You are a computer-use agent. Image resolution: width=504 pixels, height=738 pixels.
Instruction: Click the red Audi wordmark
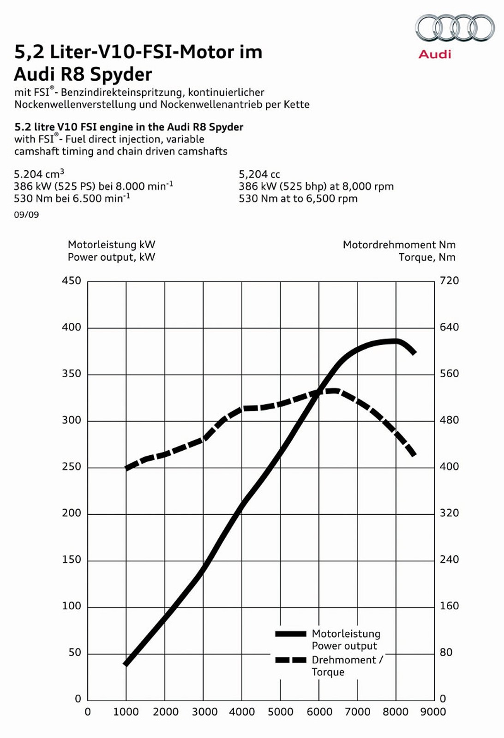point(434,54)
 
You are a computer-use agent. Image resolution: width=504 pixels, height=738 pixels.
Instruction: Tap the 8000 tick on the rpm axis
point(396,712)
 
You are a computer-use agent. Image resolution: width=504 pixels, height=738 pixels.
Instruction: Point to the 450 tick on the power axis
point(72,281)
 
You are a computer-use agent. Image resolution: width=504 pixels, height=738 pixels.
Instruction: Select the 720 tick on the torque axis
point(449,281)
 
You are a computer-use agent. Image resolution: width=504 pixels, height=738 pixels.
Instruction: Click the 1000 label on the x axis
point(126,712)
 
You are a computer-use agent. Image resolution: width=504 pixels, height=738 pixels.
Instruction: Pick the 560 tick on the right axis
point(449,374)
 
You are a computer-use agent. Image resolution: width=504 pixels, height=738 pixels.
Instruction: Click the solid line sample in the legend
point(291,634)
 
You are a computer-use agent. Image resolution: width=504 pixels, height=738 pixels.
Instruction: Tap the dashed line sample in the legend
point(291,660)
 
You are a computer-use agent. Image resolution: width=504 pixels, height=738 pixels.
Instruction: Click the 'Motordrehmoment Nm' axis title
point(399,245)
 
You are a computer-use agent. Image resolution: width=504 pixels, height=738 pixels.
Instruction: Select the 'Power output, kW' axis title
point(111,257)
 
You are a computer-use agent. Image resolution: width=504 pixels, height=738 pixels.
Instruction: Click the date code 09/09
point(26,215)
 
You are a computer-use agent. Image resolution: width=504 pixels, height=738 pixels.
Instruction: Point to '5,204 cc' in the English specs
point(259,174)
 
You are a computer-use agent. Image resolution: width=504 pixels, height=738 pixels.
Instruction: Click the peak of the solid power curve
point(396,341)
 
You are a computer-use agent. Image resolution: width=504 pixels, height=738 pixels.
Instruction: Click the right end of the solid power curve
point(414,352)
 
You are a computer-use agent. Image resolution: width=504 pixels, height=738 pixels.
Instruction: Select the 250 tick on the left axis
point(72,467)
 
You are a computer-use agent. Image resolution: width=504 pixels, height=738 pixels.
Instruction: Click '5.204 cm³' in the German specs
point(39,174)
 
